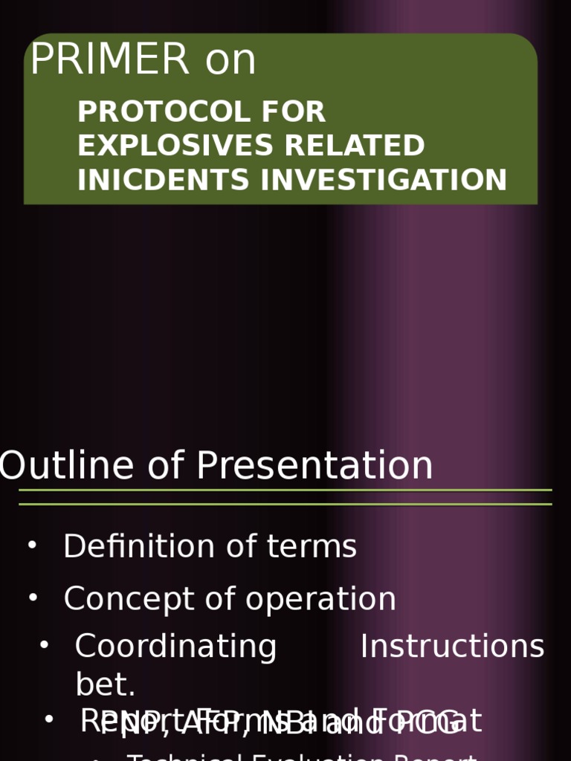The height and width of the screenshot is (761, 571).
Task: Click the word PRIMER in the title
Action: pos(109,59)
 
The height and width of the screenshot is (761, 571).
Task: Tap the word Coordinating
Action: pos(175,647)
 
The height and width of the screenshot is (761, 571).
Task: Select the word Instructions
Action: pos(452,647)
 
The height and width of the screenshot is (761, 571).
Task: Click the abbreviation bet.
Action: pos(105,685)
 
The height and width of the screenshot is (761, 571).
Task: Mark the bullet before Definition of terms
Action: pos(31,545)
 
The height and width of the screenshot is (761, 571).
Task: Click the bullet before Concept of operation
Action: pos(32,597)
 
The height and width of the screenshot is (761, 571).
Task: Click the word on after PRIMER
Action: pos(230,59)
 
